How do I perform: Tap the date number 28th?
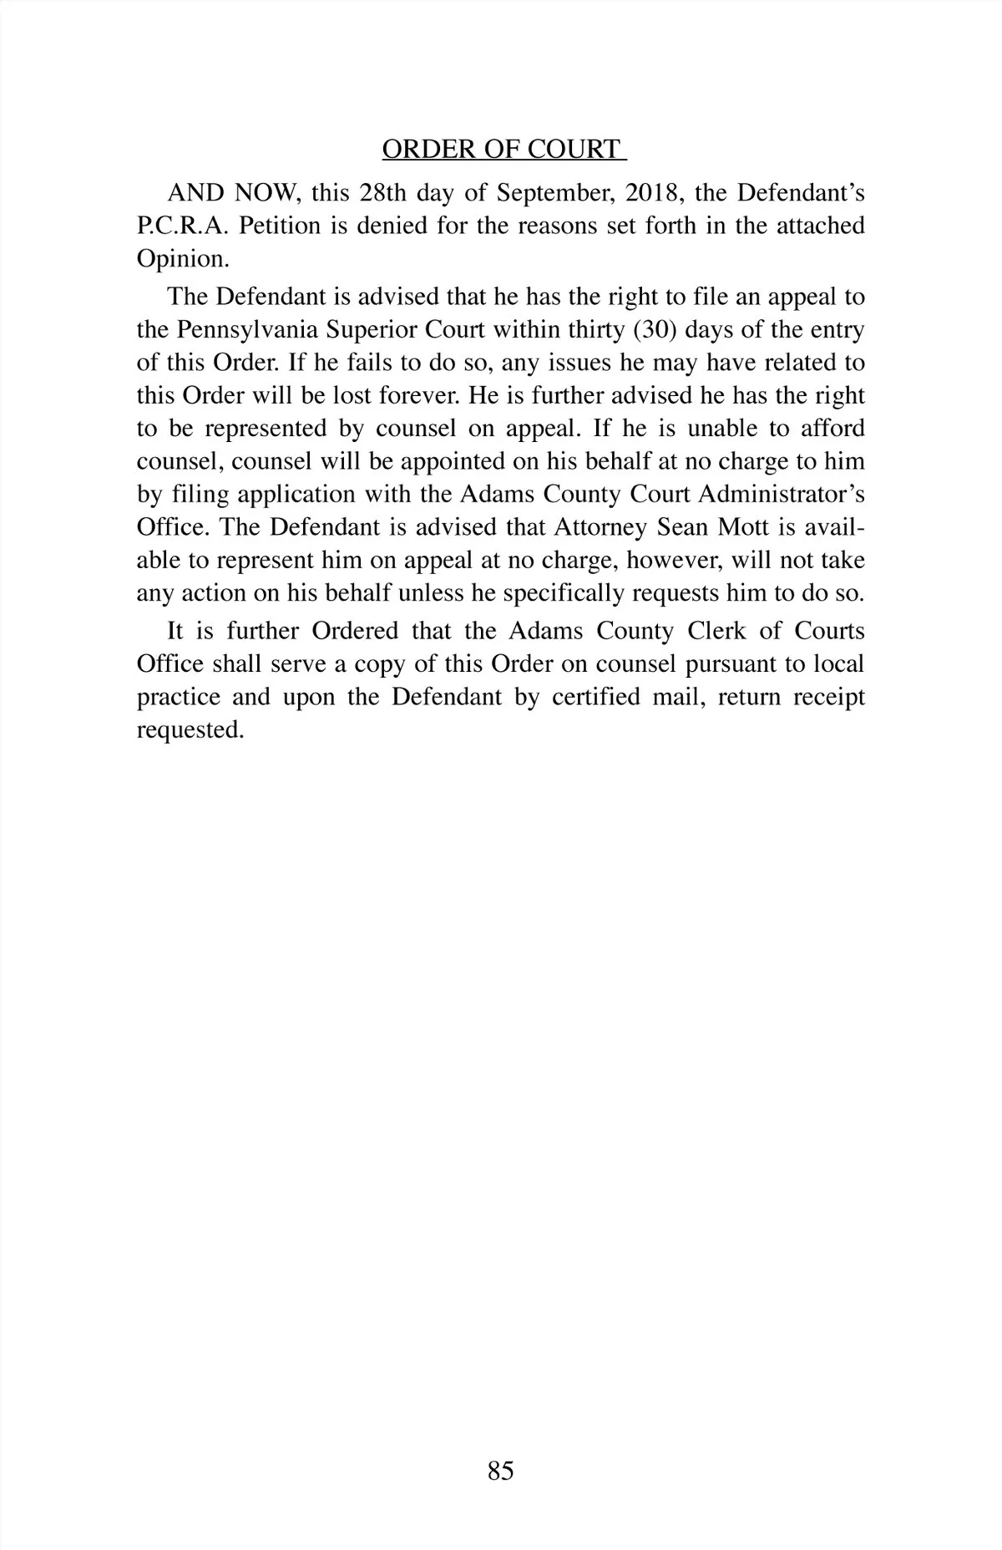pos(382,193)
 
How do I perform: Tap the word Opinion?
pos(181,259)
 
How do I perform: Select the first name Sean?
pos(683,528)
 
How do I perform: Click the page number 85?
pos(501,1471)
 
